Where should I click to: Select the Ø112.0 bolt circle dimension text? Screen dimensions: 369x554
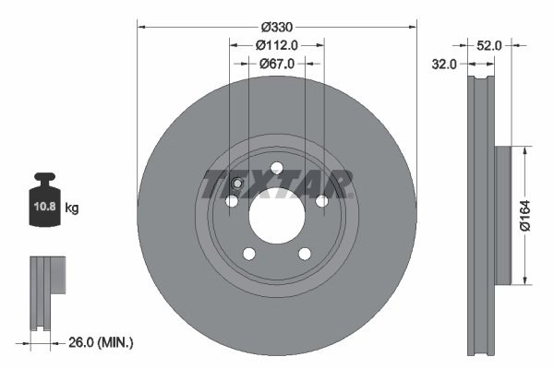[276, 44]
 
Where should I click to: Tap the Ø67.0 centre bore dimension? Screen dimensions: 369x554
[276, 64]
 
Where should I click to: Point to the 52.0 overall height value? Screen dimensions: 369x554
[489, 44]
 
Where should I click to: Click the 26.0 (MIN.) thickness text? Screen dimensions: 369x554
[102, 342]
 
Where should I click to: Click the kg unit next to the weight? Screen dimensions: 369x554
[72, 208]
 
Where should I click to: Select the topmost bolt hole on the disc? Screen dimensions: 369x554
[275, 167]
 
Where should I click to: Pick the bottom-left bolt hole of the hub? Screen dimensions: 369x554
[247, 254]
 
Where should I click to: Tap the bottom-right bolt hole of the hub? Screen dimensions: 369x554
[304, 254]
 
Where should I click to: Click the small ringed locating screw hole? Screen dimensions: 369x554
[236, 183]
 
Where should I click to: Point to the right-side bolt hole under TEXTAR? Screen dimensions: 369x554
[320, 200]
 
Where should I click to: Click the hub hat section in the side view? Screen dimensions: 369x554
[503, 215]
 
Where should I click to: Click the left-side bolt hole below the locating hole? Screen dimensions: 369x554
[230, 200]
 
